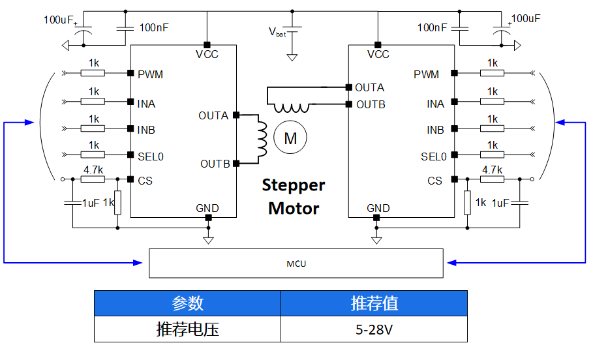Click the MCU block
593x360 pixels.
(296, 263)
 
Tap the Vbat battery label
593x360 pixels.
(277, 31)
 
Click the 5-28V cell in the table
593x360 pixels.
(374, 329)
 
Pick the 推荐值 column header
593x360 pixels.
(374, 303)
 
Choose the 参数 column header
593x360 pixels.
(187, 303)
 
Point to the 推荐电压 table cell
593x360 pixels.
(187, 329)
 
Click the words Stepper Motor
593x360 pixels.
(294, 197)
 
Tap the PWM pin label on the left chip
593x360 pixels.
(150, 74)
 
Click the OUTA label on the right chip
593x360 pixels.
(369, 87)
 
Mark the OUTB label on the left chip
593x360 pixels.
(215, 164)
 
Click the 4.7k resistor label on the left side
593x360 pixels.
(93, 169)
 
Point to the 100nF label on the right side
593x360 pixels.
(432, 27)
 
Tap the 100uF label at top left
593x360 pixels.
(59, 20)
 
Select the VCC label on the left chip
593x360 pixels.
(207, 54)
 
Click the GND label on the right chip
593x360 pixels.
(378, 209)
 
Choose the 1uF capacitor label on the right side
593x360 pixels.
(500, 203)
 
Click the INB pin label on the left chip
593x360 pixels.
(146, 130)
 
